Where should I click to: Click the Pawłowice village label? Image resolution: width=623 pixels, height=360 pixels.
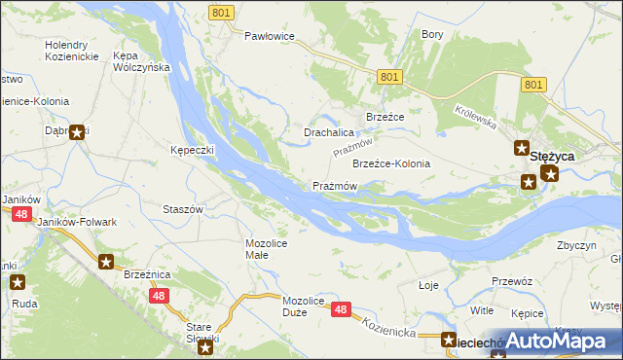269,36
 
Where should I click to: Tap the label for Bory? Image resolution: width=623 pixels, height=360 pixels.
432,34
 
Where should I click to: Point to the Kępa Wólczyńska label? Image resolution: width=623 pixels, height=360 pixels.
142,61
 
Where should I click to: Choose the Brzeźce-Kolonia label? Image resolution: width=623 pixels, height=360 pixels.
390,163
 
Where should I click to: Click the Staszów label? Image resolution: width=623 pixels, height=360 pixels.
182,209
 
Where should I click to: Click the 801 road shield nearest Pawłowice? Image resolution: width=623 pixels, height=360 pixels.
221,12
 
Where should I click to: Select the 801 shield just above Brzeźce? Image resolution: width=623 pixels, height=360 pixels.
388,77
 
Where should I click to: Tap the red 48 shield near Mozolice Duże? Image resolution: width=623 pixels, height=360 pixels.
340,309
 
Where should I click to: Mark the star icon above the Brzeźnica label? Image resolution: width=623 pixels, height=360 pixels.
106,261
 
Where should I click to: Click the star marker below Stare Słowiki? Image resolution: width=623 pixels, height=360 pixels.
205,346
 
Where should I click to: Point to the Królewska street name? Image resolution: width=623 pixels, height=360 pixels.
475,120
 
